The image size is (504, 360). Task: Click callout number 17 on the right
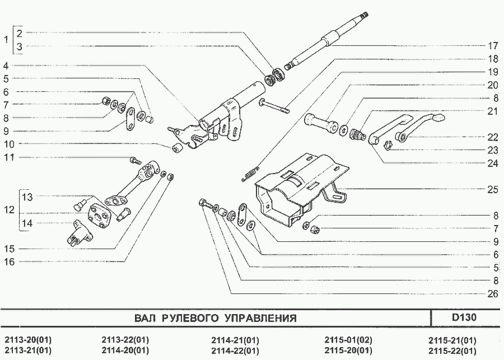pos(492,46)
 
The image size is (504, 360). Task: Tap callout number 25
pos(492,189)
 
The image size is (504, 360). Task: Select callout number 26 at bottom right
pos(492,294)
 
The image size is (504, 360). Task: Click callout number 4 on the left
pos(6,66)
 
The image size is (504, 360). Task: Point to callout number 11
pos(9,157)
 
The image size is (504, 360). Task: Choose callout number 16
pos(10,262)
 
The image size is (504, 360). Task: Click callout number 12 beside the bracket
pos(10,210)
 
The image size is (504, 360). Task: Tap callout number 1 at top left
pos(6,40)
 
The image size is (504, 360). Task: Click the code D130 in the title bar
pos(464,317)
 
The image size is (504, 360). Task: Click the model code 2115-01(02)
pos(348,340)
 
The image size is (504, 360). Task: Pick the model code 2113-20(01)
pos(29,340)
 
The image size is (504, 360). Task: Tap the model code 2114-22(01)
pos(235,350)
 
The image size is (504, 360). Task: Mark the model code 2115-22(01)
pos(452,350)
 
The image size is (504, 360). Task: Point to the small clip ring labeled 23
pos(388,146)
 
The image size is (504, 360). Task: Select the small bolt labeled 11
pos(136,160)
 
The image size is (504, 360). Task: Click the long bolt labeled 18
pos(273,106)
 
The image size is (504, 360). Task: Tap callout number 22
pos(492,137)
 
